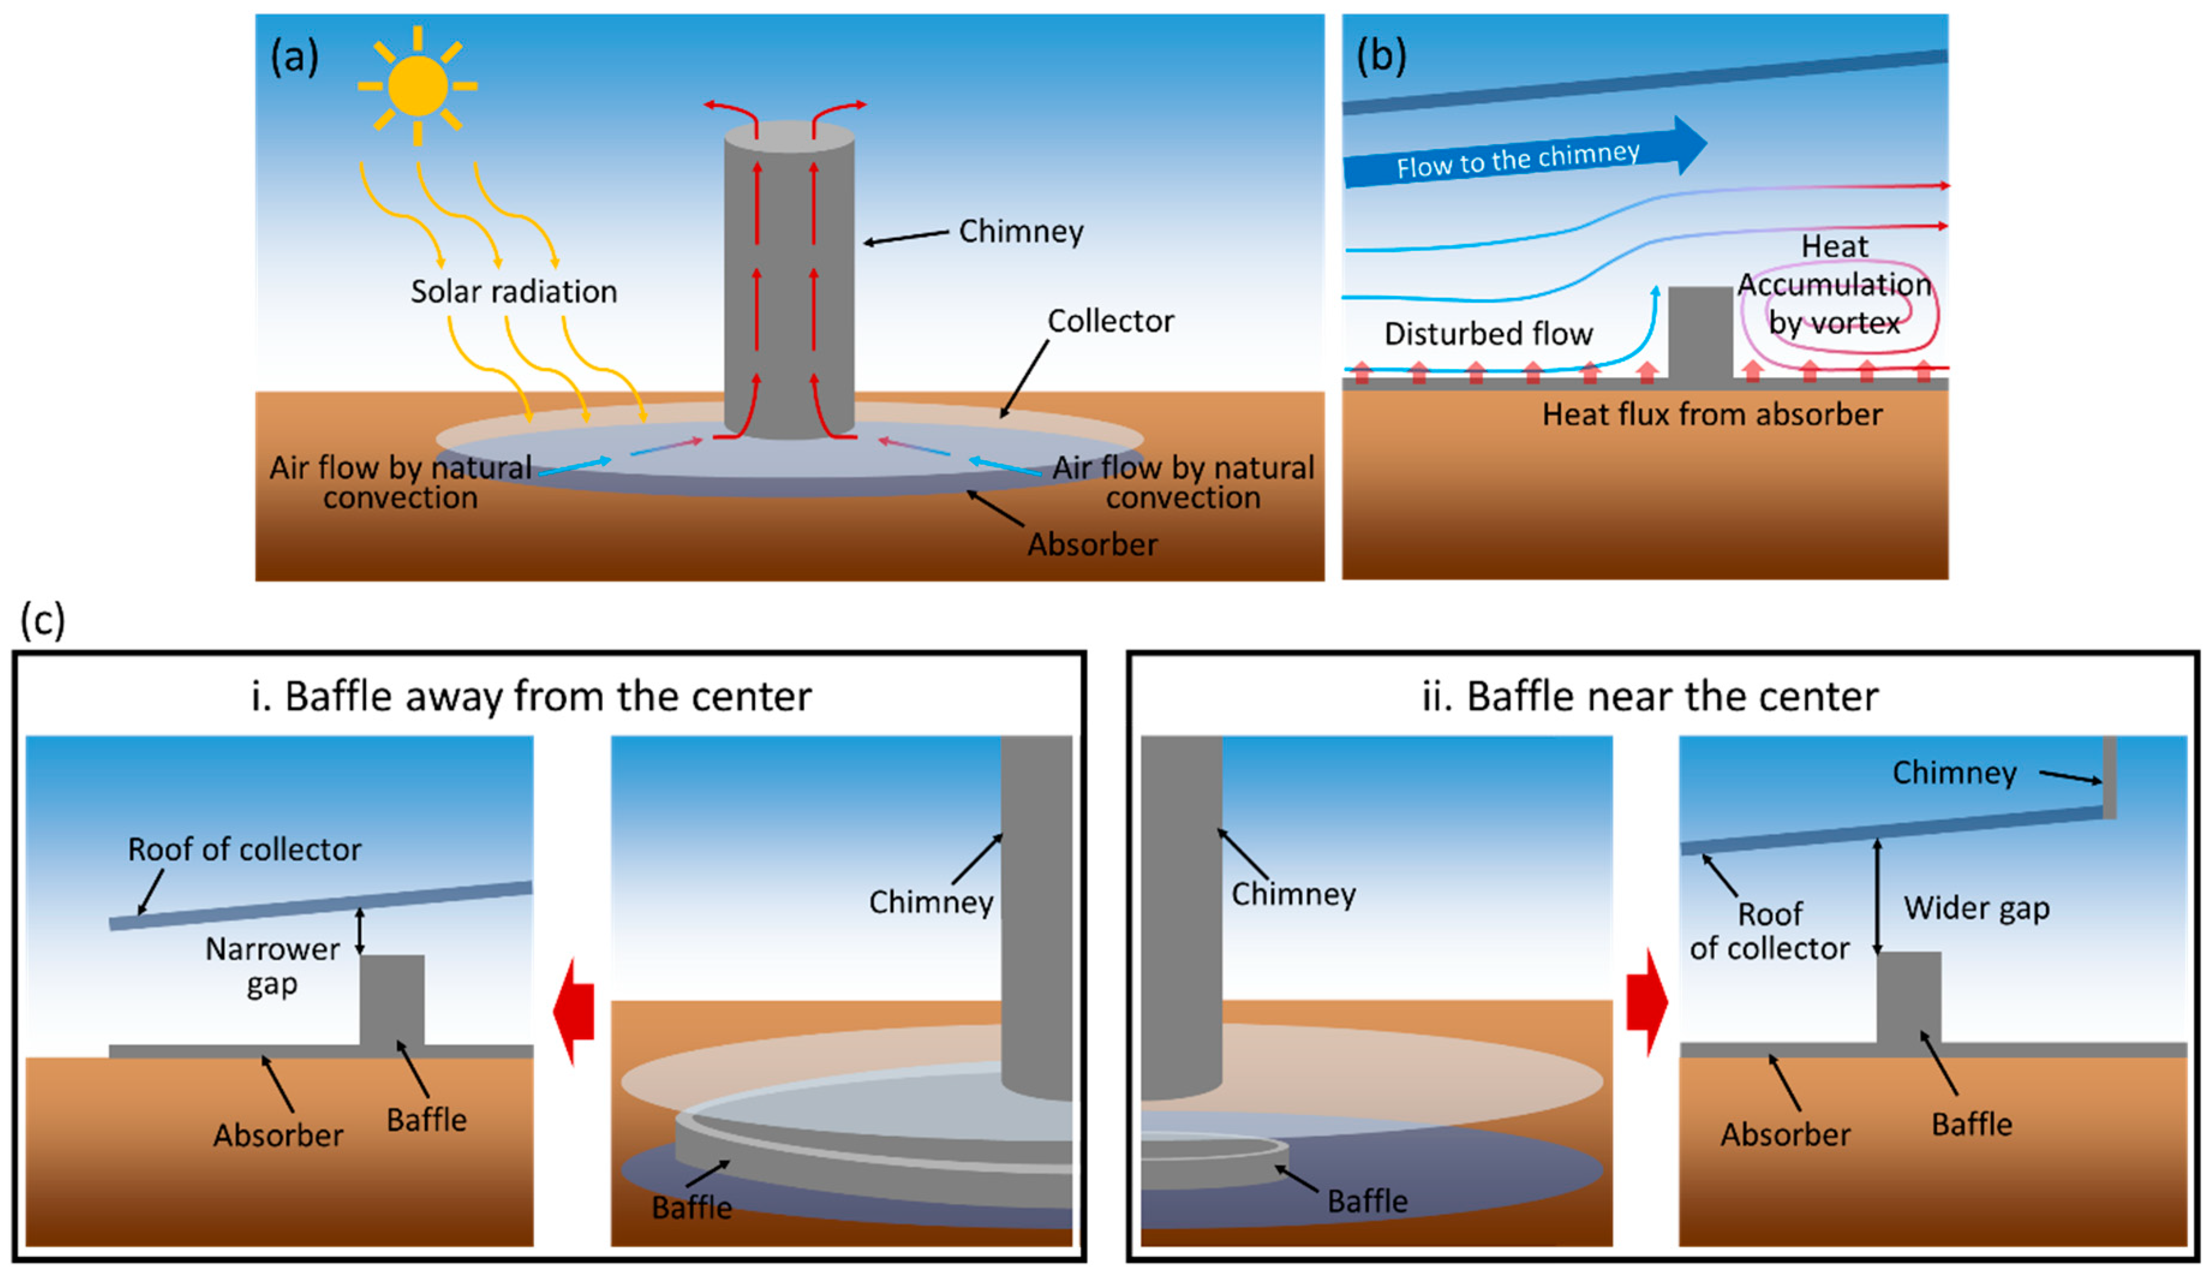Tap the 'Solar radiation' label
click(513, 291)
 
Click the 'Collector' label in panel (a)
click(1110, 321)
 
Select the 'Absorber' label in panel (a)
click(1092, 544)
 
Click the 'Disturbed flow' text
click(1487, 333)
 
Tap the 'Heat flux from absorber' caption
click(1712, 414)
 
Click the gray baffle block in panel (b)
click(1700, 332)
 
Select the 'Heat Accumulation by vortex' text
click(1834, 285)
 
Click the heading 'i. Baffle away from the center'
click(531, 697)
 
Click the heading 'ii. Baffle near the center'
click(1649, 697)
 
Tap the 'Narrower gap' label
click(272, 966)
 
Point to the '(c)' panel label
click(42, 620)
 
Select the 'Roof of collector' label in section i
click(244, 850)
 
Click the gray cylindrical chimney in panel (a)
click(789, 281)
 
